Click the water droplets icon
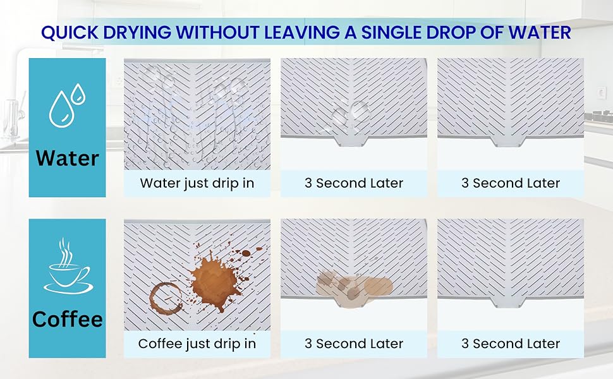[x=67, y=105]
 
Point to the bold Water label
[x=67, y=159]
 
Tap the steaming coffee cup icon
[x=67, y=266]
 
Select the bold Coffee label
[x=67, y=319]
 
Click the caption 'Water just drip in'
[x=197, y=183]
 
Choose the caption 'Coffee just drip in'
[x=197, y=344]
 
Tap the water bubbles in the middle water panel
[x=351, y=113]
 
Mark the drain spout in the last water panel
[x=508, y=141]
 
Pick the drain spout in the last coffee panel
[x=508, y=302]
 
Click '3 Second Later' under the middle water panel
[x=354, y=183]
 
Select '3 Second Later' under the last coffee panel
[x=511, y=344]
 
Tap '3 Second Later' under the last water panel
[x=511, y=183]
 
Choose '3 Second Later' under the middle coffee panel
[x=354, y=344]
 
